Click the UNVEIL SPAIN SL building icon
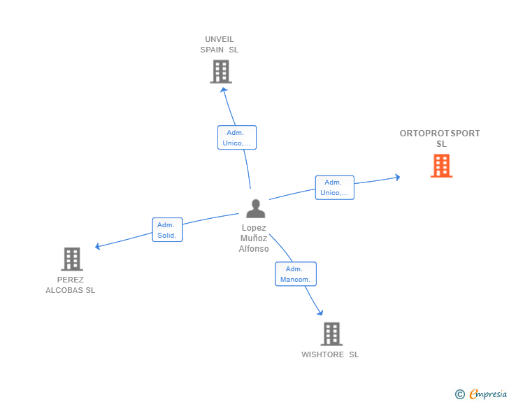pyautogui.click(x=220, y=71)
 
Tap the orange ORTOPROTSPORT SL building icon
pyautogui.click(x=441, y=166)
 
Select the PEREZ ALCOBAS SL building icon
pyautogui.click(x=71, y=259)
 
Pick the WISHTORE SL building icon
pyautogui.click(x=331, y=334)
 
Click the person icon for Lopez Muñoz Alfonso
pyautogui.click(x=255, y=208)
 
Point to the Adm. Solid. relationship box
pyautogui.click(x=168, y=230)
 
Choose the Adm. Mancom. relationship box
pyautogui.click(x=296, y=274)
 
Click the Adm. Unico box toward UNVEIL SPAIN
pyautogui.click(x=237, y=138)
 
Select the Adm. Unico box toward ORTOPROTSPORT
pyautogui.click(x=334, y=187)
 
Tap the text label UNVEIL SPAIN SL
pyautogui.click(x=220, y=45)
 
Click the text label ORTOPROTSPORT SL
pyautogui.click(x=440, y=138)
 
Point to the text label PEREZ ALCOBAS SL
pyautogui.click(x=71, y=285)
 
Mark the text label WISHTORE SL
pyautogui.click(x=330, y=354)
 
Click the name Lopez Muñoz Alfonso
pyautogui.click(x=254, y=238)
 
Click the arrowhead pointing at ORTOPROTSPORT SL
pyautogui.click(x=397, y=178)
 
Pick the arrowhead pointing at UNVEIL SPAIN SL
pyautogui.click(x=223, y=89)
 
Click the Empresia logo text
pyautogui.click(x=489, y=394)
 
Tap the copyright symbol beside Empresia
pyautogui.click(x=459, y=394)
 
